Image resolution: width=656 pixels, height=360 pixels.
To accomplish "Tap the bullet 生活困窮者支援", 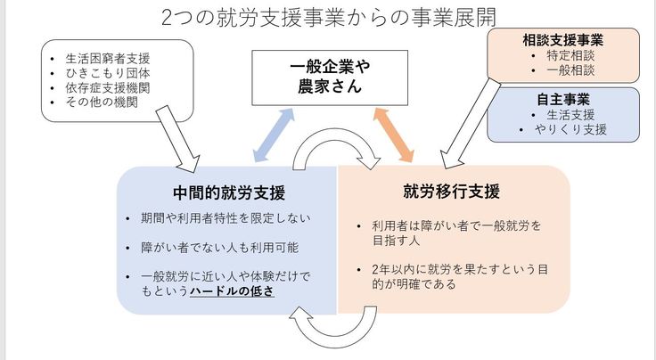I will coord(106,57).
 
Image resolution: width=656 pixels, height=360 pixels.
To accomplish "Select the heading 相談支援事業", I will coord(562,40).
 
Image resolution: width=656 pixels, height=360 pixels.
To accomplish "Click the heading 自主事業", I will coord(563,99).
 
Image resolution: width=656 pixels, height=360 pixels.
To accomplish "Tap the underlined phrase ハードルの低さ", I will coord(231,291).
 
